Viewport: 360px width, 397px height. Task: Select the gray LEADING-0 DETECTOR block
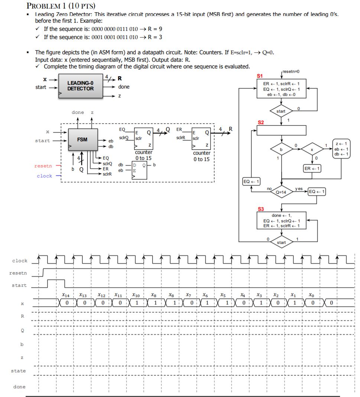point(81,87)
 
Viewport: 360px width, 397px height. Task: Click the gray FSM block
point(83,139)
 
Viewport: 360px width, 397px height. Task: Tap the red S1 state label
point(260,76)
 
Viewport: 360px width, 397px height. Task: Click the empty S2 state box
point(281,130)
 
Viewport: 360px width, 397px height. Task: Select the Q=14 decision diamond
point(281,192)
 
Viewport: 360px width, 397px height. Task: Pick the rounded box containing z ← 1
point(341,149)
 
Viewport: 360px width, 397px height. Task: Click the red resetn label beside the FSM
point(43,166)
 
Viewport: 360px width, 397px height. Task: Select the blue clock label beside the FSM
point(44,176)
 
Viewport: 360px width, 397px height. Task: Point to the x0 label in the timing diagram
point(311,295)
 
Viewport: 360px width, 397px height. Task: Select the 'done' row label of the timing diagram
point(19,387)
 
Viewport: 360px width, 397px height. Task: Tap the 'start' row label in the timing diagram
point(19,285)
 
